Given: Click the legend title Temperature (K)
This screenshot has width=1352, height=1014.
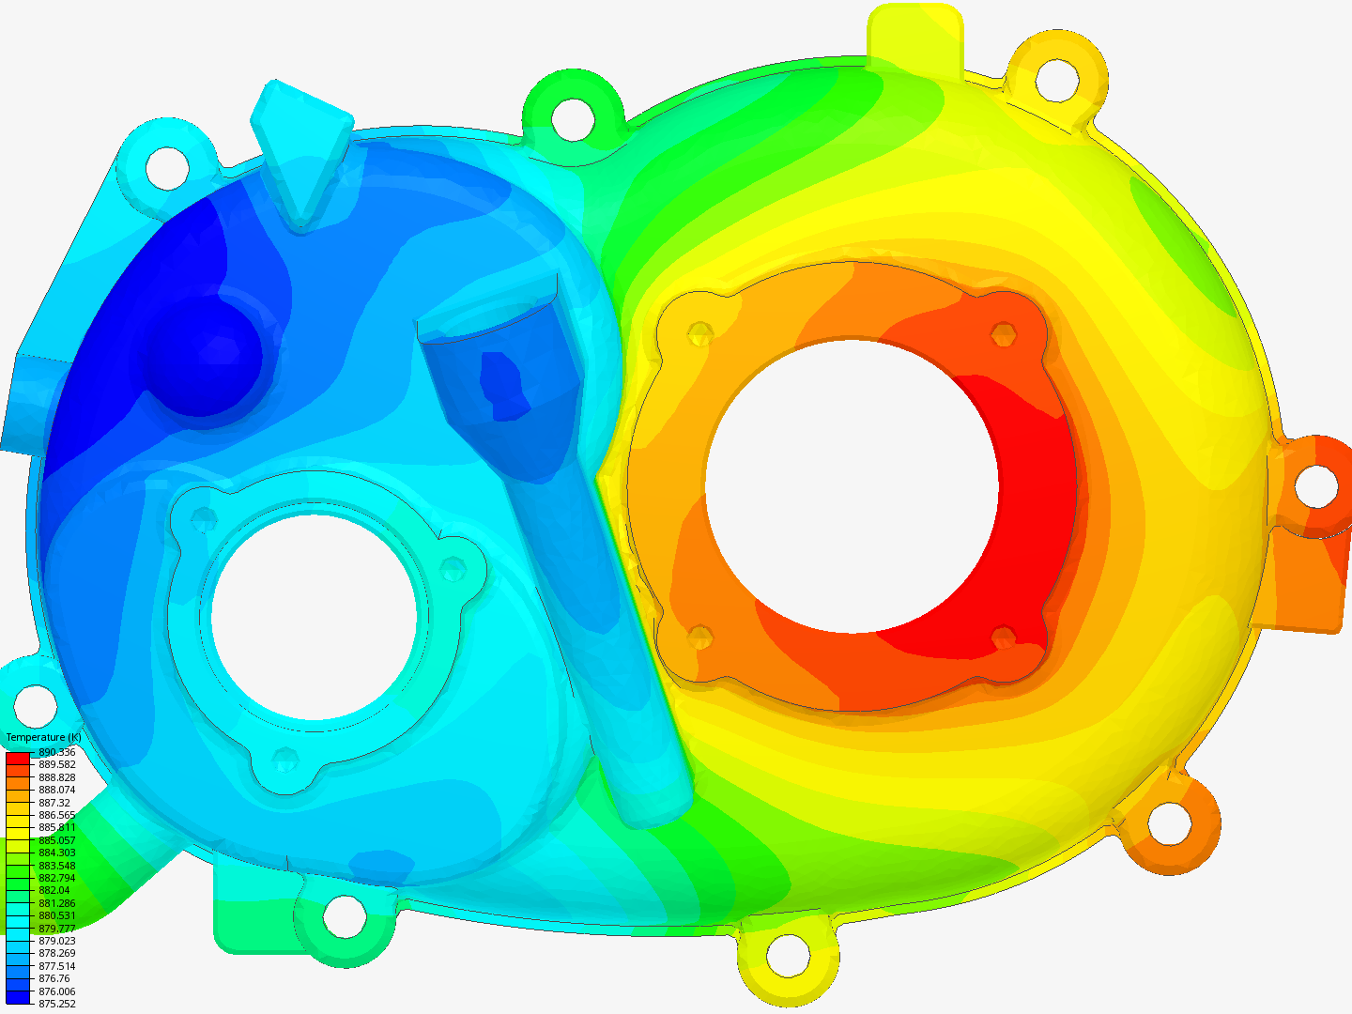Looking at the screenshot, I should (x=43, y=737).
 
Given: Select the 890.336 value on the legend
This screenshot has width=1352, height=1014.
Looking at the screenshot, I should (x=56, y=752).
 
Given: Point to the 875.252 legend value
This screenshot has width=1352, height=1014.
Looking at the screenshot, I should (x=56, y=1004).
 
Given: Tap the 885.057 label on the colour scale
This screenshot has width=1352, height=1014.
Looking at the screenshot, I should (x=56, y=840).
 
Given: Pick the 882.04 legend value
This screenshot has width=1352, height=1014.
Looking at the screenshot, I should (x=54, y=890).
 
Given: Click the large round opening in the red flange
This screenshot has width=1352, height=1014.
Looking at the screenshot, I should (x=852, y=485).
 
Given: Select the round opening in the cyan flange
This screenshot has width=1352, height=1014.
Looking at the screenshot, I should (x=315, y=617).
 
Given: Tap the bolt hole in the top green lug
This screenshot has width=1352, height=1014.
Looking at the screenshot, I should (x=572, y=117).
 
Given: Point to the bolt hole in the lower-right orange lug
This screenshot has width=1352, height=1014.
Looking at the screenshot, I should (x=1169, y=823).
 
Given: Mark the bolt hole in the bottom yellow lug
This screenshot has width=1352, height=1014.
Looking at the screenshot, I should (x=787, y=956).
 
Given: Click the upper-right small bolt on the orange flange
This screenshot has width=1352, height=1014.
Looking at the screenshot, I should (x=1003, y=334).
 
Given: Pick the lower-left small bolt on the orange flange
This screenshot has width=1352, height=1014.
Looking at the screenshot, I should (x=699, y=638).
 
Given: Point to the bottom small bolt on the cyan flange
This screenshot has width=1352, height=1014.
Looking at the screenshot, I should (x=284, y=759).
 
